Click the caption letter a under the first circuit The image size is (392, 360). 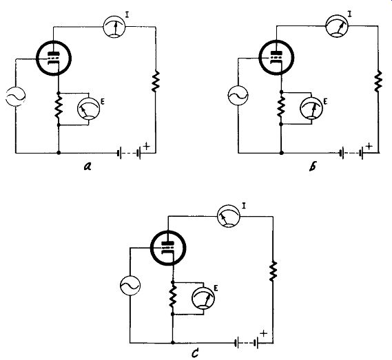(x=87, y=166)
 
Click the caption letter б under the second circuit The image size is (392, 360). (x=313, y=167)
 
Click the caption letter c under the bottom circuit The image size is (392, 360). (x=195, y=353)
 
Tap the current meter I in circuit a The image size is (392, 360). (x=114, y=27)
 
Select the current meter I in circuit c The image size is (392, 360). (x=229, y=216)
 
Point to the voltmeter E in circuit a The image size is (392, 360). (x=88, y=109)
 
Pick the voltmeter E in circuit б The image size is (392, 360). (x=311, y=107)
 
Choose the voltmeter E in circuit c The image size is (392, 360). (x=203, y=297)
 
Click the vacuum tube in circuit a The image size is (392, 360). (x=54, y=59)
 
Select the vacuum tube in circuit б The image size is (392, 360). (x=276, y=57)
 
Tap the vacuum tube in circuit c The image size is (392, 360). (x=168, y=248)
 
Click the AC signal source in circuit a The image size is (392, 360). (x=15, y=96)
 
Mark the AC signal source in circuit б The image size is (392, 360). (x=238, y=96)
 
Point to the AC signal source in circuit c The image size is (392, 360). (x=130, y=286)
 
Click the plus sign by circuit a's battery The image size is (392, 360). (x=147, y=146)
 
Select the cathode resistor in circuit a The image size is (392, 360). (x=59, y=109)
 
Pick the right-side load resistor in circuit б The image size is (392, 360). (x=378, y=81)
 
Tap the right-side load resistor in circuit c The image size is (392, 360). (x=273, y=271)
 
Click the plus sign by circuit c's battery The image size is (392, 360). (x=263, y=333)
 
